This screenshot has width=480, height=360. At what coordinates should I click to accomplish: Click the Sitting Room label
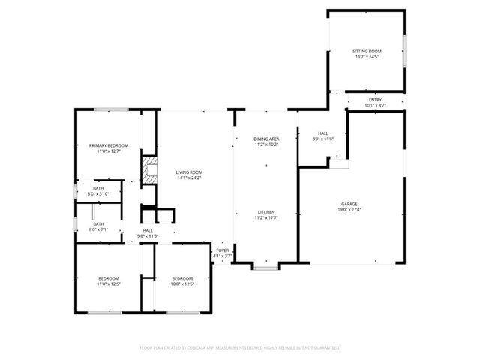click(367, 51)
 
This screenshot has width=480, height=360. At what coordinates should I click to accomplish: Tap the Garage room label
click(349, 204)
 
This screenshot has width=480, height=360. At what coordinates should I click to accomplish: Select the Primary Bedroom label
click(109, 145)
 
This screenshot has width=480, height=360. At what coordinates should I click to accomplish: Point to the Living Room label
click(189, 172)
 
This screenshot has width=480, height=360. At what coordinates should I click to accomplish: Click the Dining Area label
click(266, 139)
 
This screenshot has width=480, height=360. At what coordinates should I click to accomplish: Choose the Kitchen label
click(266, 212)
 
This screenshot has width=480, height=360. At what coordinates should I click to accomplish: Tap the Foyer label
click(223, 250)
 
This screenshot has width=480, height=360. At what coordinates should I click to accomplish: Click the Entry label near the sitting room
click(375, 100)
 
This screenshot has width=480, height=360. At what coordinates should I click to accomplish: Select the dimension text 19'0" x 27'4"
click(349, 210)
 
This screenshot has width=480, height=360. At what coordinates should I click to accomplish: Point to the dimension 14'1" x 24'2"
click(189, 178)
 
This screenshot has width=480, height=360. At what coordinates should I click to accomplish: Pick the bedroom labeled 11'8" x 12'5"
click(109, 281)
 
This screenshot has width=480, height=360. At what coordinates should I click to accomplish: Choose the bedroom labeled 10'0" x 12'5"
click(181, 281)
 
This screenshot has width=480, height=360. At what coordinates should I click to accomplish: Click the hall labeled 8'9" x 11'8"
click(322, 136)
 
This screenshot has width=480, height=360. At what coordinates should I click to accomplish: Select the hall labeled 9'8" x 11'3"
click(148, 233)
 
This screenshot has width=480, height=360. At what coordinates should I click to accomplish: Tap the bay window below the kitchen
click(265, 266)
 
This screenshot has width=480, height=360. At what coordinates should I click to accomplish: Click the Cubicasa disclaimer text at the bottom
click(240, 347)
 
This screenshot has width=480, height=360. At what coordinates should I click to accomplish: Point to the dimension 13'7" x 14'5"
click(367, 57)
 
